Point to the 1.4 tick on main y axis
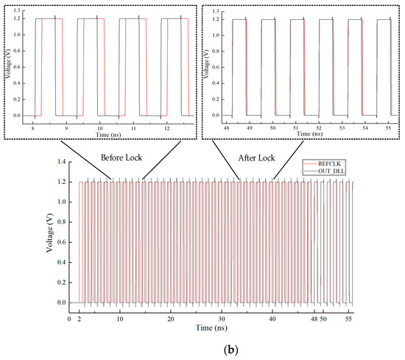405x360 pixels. pos(60,162)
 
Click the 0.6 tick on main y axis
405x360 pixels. pos(60,242)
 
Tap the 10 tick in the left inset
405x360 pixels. pos(99,127)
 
